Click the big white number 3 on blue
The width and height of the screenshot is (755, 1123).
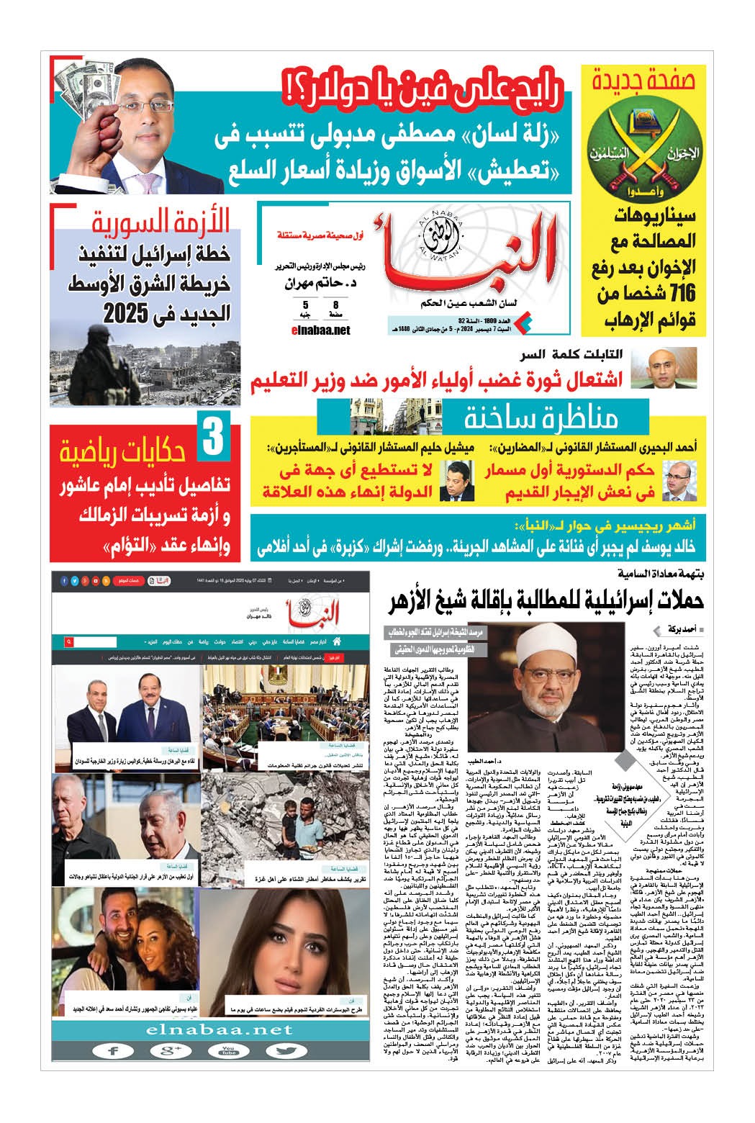212,440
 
